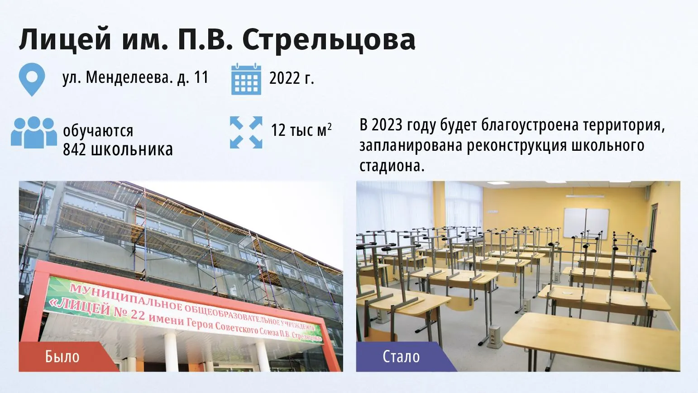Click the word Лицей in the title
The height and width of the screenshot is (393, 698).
tap(65, 40)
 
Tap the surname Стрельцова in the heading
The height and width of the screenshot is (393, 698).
tap(329, 40)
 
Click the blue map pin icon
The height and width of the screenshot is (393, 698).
tap(32, 80)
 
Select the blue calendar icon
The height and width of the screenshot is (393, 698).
tap(246, 79)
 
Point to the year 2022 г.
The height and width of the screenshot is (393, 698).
tap(292, 78)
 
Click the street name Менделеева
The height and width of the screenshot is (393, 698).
tap(129, 77)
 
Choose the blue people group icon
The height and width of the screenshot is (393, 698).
tap(33, 132)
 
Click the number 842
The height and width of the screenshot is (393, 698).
tap(74, 149)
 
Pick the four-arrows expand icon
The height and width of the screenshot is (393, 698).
tap(246, 132)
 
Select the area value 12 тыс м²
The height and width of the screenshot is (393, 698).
tap(301, 130)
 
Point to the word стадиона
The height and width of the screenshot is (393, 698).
tap(392, 166)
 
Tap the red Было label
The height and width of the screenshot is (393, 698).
tap(62, 356)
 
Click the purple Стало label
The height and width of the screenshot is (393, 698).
tap(401, 356)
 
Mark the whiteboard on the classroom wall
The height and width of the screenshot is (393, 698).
tap(586, 224)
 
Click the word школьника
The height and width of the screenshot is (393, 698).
tap(132, 149)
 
